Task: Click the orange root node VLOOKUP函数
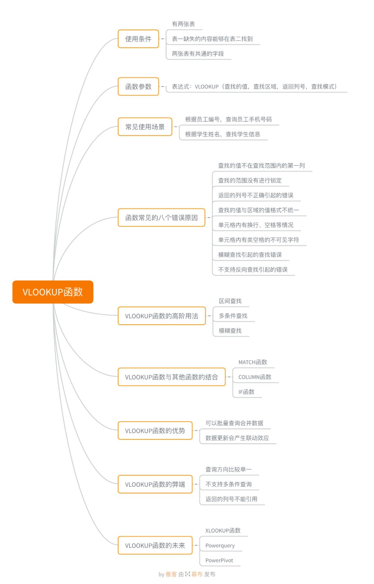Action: click(x=53, y=292)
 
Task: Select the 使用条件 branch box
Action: click(x=138, y=39)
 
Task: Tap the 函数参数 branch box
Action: click(x=138, y=86)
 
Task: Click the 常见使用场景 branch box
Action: click(x=145, y=127)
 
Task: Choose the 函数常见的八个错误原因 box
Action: click(x=161, y=218)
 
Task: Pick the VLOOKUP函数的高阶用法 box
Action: click(x=161, y=316)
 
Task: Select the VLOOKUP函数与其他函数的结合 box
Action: click(x=171, y=377)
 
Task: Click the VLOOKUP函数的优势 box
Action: click(x=155, y=431)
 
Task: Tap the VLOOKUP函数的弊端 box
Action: click(x=155, y=484)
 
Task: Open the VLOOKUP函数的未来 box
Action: click(x=155, y=546)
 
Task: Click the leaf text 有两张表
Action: click(x=183, y=24)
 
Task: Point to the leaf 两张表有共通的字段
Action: click(x=198, y=54)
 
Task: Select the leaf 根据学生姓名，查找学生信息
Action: click(x=222, y=134)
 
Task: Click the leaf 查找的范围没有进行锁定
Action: click(x=250, y=181)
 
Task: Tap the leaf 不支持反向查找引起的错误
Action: click(x=253, y=270)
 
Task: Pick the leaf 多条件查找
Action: click(x=233, y=316)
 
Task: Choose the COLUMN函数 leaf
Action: click(x=255, y=377)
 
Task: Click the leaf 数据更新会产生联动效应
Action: click(x=237, y=438)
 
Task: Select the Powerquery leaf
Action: click(x=220, y=546)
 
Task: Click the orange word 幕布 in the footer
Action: click(x=197, y=574)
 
